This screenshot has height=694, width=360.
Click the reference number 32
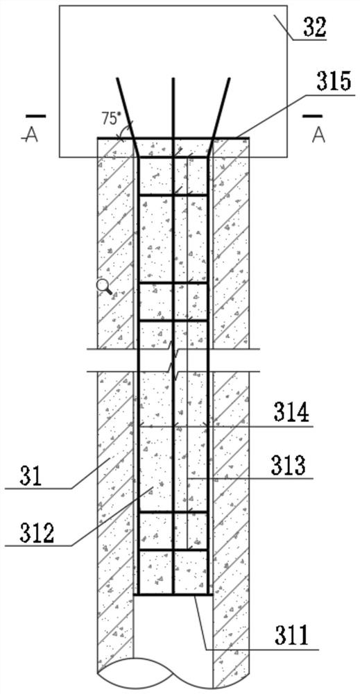(x=314, y=28)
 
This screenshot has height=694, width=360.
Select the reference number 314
(x=291, y=415)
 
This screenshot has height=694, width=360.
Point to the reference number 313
(x=288, y=466)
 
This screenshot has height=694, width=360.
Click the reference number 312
(x=37, y=533)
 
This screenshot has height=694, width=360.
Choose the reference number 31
(x=32, y=477)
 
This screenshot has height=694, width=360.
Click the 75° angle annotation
(x=110, y=119)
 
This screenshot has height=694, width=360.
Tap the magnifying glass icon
(x=104, y=288)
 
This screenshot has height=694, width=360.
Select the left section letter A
(x=33, y=135)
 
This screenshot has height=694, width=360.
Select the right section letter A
(x=318, y=135)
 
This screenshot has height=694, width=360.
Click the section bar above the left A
(x=35, y=117)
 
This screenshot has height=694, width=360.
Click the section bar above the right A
(x=312, y=117)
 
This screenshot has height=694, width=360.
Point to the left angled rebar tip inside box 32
(x=117, y=79)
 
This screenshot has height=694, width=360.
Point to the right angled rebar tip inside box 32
(x=230, y=79)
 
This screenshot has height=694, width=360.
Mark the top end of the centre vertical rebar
(x=173, y=79)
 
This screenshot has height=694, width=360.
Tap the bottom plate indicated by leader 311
(x=173, y=595)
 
